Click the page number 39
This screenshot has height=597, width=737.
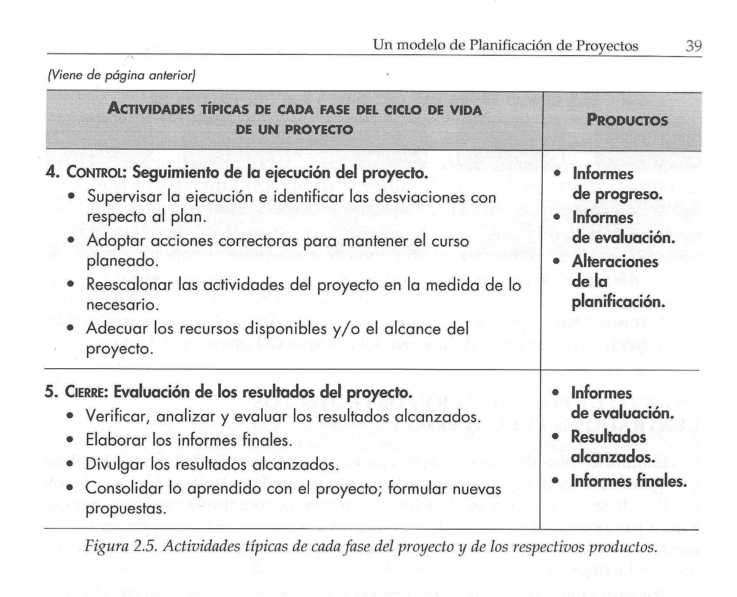point(693,45)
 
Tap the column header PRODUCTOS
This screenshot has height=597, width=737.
point(627,120)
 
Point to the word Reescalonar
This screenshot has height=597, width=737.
point(129,285)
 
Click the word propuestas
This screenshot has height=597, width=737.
point(126,509)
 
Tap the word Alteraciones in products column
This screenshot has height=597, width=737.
point(615,262)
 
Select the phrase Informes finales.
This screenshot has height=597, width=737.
point(628,481)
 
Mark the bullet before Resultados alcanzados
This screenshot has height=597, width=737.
point(555,437)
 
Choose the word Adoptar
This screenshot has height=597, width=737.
point(116,241)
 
